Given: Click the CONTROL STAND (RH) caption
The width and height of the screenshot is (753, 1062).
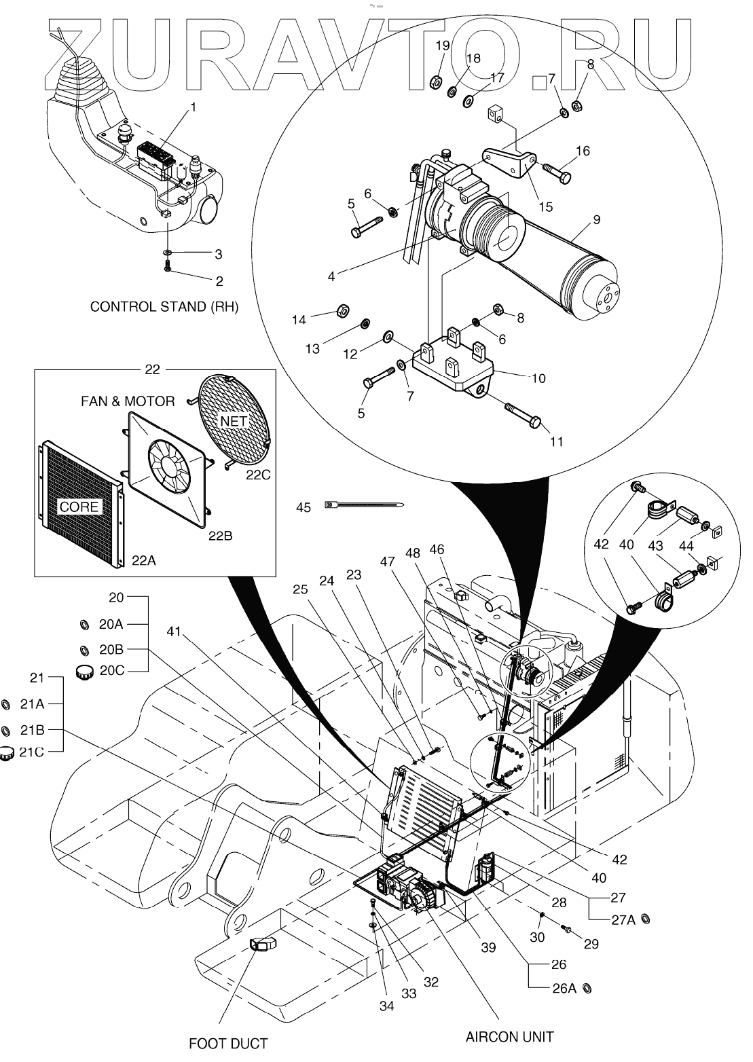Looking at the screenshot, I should tap(165, 307).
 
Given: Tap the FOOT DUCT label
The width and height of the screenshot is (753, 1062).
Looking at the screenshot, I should tap(228, 1043).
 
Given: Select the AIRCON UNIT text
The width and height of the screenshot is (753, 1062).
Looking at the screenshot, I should tap(509, 1037).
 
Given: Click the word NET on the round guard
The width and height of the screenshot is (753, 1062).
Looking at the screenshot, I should tap(234, 421).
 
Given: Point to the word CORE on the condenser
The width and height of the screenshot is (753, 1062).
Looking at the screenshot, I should tap(79, 507).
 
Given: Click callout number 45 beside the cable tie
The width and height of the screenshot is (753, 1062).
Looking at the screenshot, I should tap(304, 507).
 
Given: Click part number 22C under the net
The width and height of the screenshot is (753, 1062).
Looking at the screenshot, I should tap(258, 475).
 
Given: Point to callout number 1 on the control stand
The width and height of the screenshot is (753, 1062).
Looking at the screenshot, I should tap(193, 107).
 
